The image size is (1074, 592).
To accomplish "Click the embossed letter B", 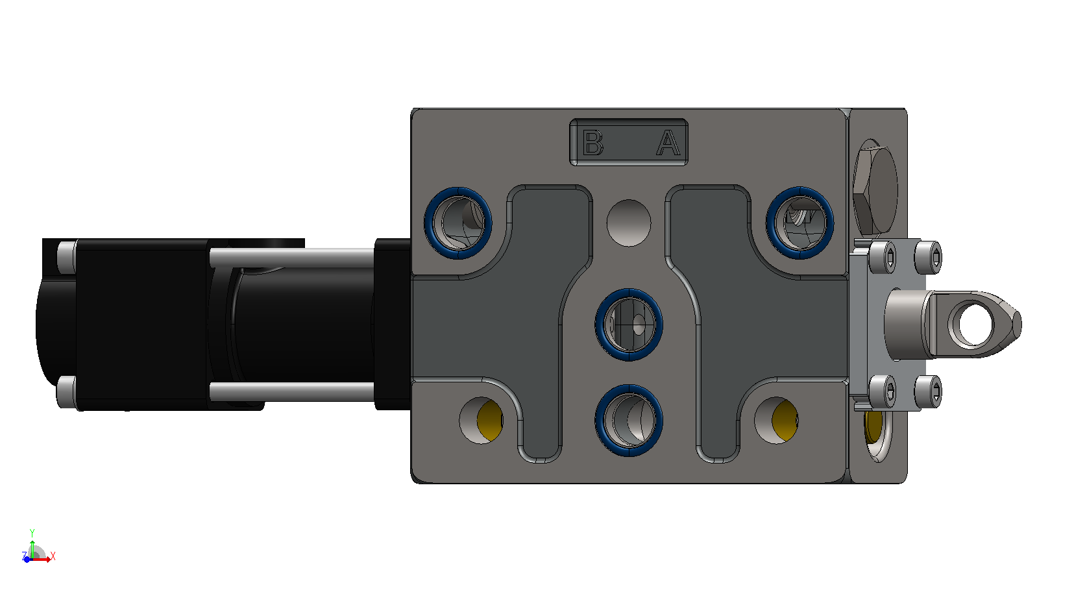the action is (592, 143).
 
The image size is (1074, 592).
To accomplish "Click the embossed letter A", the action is (668, 143).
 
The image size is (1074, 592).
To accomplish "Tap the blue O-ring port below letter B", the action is (458, 223).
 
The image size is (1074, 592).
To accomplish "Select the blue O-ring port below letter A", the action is (799, 223).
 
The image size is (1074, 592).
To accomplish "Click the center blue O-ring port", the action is (629, 325).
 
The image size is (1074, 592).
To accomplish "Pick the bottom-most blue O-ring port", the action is (629, 420).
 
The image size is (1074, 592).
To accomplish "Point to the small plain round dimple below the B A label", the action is (629, 223).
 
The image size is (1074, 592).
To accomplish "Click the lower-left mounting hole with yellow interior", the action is (481, 420).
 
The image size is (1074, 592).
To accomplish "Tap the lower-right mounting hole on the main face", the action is (775, 420).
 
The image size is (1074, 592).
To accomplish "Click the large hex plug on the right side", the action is (875, 188).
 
